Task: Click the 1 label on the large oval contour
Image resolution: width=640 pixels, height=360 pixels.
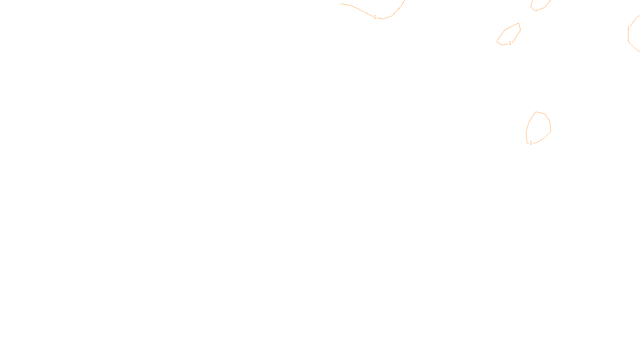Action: [531, 143]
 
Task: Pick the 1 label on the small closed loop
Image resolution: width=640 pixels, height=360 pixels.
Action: [510, 43]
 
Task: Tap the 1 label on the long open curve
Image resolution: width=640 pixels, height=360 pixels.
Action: [375, 17]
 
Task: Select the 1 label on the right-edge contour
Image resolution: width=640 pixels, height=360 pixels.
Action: [628, 28]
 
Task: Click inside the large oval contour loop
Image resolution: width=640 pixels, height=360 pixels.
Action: [539, 127]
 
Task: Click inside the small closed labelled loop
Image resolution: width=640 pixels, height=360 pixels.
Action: [510, 35]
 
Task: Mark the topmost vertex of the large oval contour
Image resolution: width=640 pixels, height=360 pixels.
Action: [536, 112]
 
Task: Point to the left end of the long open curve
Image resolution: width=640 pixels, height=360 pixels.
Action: [341, 4]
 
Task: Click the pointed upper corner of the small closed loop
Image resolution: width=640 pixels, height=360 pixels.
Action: [519, 23]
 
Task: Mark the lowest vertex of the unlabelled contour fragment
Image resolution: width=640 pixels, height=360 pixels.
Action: [536, 11]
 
